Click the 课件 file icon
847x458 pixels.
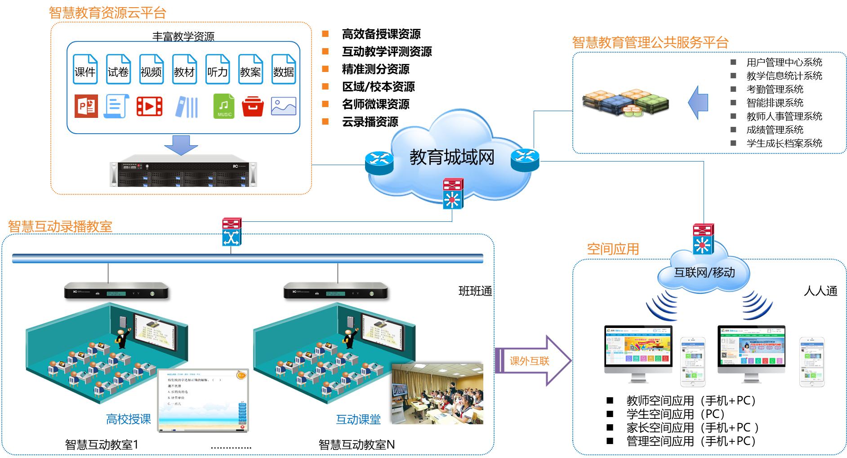pyautogui.click(x=85, y=69)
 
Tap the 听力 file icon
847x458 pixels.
pyautogui.click(x=217, y=69)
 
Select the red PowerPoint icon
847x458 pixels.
pyautogui.click(x=86, y=106)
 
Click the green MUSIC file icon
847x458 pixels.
pyautogui.click(x=223, y=106)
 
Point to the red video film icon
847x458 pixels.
pyautogui.click(x=149, y=106)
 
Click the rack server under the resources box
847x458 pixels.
pyautogui.click(x=183, y=171)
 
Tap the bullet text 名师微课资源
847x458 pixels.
pyautogui.click(x=375, y=104)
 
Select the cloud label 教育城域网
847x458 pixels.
pyautogui.click(x=451, y=157)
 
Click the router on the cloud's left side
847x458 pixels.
pyautogui.click(x=379, y=162)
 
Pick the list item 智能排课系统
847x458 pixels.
pyautogui.click(x=775, y=103)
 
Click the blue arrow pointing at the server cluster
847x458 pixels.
pyautogui.click(x=698, y=103)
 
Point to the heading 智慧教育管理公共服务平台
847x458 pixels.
pyautogui.click(x=650, y=43)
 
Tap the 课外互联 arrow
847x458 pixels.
pyautogui.click(x=533, y=361)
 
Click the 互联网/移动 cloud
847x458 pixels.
pyautogui.click(x=704, y=272)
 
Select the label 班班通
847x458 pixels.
pyautogui.click(x=475, y=291)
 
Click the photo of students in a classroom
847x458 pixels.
pyautogui.click(x=437, y=394)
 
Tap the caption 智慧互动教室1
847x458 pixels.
pyautogui.click(x=102, y=445)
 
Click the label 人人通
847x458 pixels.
pyautogui.click(x=820, y=291)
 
